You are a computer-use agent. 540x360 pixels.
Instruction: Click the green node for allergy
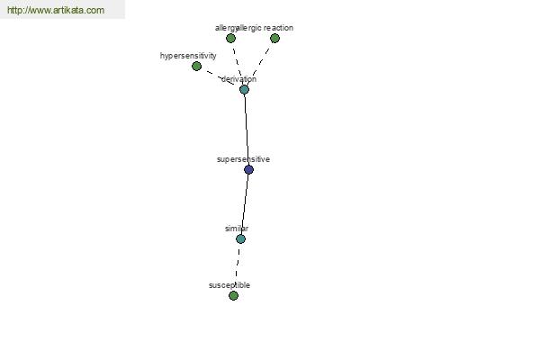tap(230, 38)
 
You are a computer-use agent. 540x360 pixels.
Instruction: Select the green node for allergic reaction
tap(274, 38)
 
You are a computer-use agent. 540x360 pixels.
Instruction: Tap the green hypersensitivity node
tap(196, 66)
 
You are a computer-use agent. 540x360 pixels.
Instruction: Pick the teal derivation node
tap(244, 90)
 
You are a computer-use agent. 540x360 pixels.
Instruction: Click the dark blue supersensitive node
tap(248, 169)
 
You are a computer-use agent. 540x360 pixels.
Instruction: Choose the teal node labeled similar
tap(240, 238)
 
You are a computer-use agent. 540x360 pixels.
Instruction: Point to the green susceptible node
tap(233, 295)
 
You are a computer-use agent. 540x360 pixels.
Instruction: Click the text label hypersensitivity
tap(188, 56)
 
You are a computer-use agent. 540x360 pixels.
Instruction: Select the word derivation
tap(238, 79)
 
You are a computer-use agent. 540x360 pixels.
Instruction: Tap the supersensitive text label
tap(243, 159)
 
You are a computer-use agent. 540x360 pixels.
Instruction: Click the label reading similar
tap(237, 229)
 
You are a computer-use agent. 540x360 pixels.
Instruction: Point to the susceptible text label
tap(229, 285)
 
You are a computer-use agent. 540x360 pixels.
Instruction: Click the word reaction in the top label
tap(278, 28)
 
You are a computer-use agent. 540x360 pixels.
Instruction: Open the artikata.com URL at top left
tap(56, 10)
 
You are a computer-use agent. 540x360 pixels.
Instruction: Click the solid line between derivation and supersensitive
tap(247, 130)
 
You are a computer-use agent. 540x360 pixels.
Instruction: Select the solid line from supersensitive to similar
tap(245, 204)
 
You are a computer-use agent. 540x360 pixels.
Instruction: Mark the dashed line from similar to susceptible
tap(238, 267)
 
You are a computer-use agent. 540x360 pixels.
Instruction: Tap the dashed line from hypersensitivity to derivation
tap(220, 77)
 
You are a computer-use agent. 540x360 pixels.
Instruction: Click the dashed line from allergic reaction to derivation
tap(261, 62)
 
